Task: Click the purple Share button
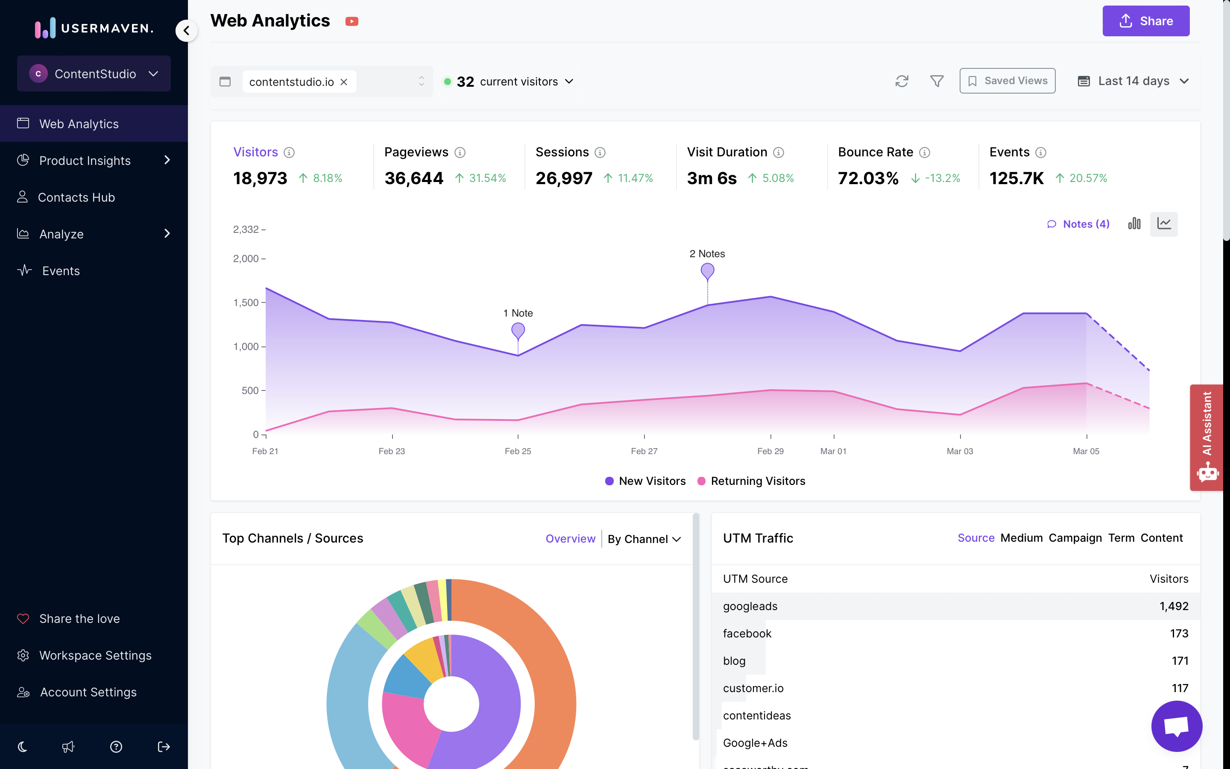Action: tap(1145, 21)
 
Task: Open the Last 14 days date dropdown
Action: tap(1133, 81)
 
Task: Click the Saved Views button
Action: tap(1007, 81)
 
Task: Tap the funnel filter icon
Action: tap(936, 81)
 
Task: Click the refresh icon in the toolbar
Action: tap(902, 81)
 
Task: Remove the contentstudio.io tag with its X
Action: tap(344, 82)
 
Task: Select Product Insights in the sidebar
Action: tap(85, 161)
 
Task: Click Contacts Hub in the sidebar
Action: tap(76, 197)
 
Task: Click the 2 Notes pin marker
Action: tap(707, 270)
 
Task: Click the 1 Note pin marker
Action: tap(518, 331)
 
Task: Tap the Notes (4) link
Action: tap(1078, 224)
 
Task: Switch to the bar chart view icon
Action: tap(1134, 224)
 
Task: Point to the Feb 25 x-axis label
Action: tap(518, 451)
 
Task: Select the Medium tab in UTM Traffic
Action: tap(1021, 538)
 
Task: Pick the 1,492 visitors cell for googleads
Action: tap(1173, 606)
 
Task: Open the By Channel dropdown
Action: tap(644, 539)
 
